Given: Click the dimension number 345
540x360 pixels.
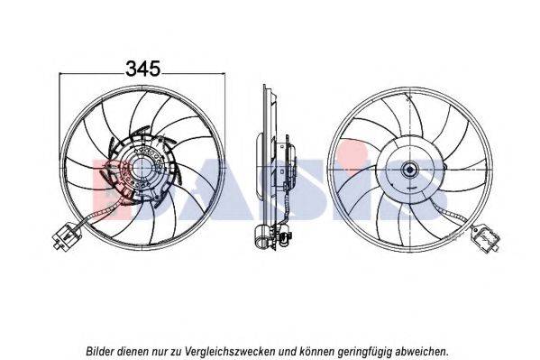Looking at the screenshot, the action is pos(143,69).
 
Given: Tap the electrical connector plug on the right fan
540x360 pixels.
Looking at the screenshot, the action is pos(485,237).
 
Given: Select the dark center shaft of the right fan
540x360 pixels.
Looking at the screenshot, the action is pos(410,170).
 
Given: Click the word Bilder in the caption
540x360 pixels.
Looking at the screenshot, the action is pos(100,351).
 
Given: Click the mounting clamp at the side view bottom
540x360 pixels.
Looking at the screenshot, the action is pos(262,237).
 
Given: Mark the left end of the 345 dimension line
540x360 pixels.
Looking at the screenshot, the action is pos(59,73).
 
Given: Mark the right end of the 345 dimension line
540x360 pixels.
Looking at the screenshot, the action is pos(224,73).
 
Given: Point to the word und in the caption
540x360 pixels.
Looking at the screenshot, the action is pos(288,351).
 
